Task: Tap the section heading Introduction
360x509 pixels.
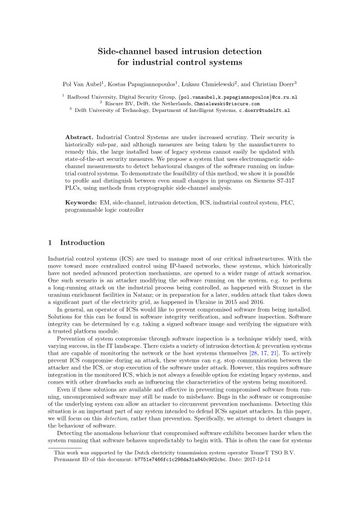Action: tap(82, 243)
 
